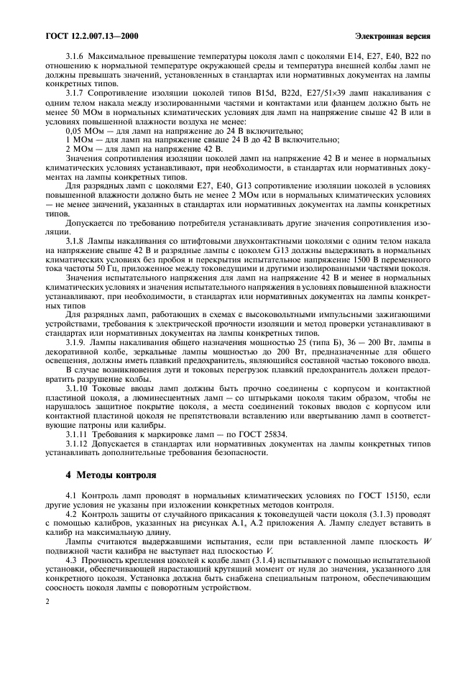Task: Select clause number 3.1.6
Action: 75,55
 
